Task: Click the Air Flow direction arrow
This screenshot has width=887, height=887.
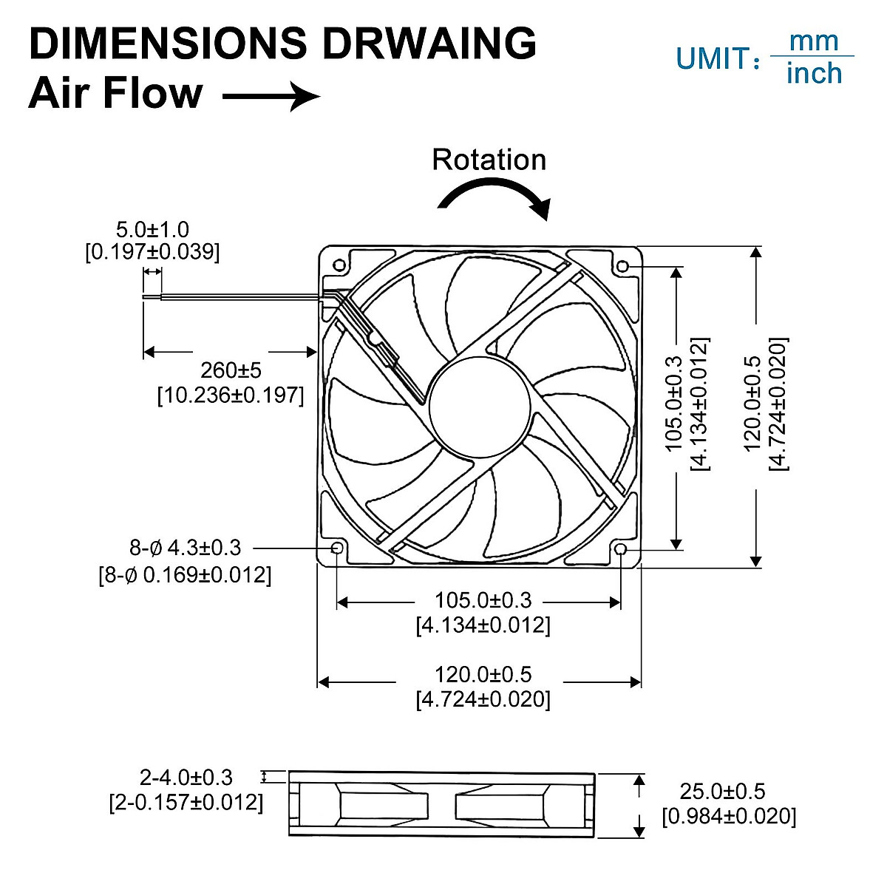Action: tap(271, 96)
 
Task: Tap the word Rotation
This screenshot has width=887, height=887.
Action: tap(489, 160)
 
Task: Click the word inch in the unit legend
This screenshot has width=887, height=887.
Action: tap(814, 74)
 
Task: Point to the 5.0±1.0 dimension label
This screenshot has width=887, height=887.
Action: tap(152, 229)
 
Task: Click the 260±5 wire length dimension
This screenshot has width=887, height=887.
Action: tap(231, 370)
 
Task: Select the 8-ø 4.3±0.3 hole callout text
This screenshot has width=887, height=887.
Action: tap(185, 548)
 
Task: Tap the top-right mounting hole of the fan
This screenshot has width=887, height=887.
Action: tap(622, 265)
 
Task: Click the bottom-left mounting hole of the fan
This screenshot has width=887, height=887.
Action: tap(338, 548)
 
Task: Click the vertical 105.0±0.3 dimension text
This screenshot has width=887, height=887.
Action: tap(673, 404)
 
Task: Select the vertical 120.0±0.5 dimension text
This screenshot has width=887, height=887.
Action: tap(752, 404)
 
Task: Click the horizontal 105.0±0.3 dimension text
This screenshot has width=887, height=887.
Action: tap(483, 600)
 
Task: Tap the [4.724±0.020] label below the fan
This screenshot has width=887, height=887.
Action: tap(483, 699)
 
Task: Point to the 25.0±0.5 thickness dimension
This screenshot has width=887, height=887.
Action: tap(722, 792)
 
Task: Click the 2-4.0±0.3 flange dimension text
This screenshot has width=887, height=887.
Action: tap(186, 778)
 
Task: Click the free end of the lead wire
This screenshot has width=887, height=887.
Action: tap(145, 297)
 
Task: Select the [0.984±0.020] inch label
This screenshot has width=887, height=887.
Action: tap(729, 816)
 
